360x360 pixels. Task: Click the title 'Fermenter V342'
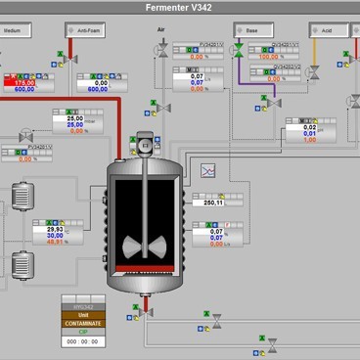click(180, 9)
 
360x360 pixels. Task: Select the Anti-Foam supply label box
click(90, 30)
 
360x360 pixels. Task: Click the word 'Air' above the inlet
click(161, 30)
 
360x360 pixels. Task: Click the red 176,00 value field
click(22, 82)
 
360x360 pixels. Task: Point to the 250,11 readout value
click(214, 202)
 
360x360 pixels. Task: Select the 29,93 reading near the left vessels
click(55, 228)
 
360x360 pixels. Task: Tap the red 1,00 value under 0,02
click(309, 140)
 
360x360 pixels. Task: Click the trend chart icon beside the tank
click(207, 170)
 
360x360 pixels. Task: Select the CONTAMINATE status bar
click(82, 322)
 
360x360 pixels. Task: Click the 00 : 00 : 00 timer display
click(82, 340)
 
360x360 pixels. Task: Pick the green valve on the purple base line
click(238, 52)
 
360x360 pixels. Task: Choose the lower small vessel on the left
click(22, 264)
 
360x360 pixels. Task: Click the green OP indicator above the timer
click(82, 331)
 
